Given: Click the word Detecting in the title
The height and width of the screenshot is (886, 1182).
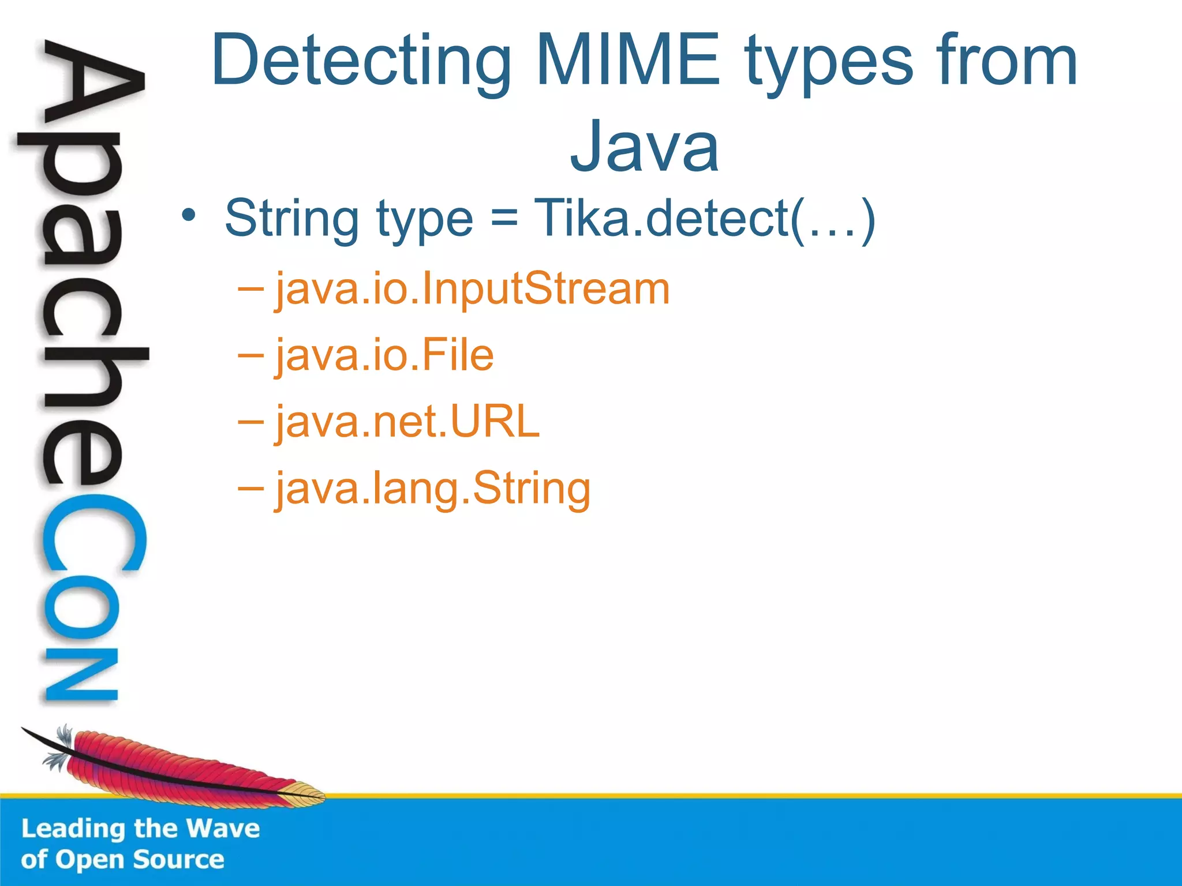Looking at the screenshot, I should click(361, 61).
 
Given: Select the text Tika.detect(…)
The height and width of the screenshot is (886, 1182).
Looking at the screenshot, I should click(705, 219).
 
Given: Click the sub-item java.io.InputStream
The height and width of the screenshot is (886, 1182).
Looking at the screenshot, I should click(472, 289).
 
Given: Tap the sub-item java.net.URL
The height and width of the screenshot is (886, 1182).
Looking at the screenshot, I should click(407, 422).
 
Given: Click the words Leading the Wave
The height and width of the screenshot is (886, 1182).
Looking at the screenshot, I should click(140, 828).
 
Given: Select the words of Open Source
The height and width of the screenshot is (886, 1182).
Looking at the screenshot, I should click(122, 859).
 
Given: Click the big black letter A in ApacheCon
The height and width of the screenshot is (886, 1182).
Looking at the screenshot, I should click(92, 87).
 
